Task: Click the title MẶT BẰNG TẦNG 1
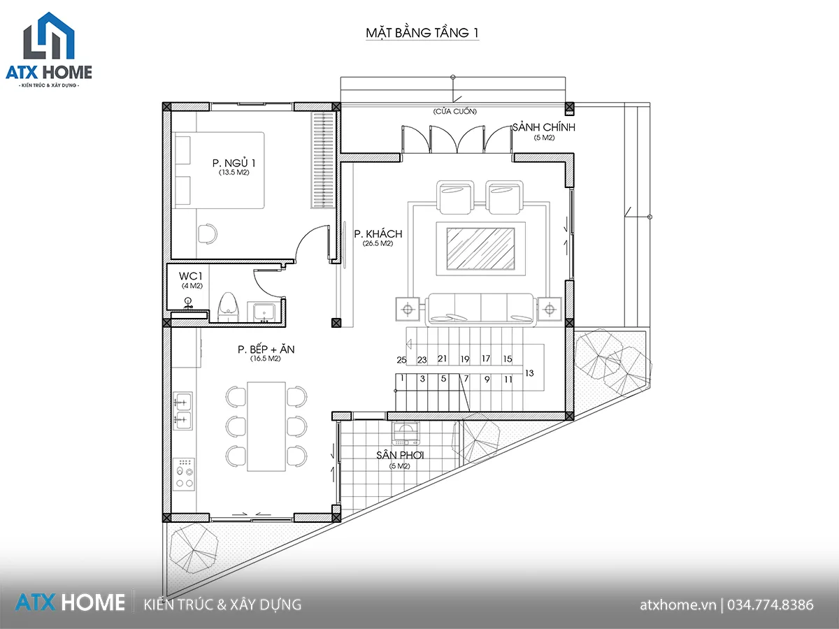(422, 33)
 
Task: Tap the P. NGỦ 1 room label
(234, 163)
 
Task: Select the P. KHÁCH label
(378, 233)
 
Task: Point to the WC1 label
(190, 276)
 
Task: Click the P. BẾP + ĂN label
(266, 349)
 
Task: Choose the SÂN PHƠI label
(400, 455)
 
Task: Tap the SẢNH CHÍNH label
(543, 127)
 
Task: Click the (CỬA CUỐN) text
(455, 112)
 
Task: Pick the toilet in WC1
(228, 307)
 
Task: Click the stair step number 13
(529, 373)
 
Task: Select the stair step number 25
(401, 360)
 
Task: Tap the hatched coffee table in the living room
(480, 249)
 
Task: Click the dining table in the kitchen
(266, 426)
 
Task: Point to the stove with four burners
(184, 474)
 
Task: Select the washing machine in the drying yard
(406, 433)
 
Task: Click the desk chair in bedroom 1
(208, 233)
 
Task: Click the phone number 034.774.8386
(770, 605)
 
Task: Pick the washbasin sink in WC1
(264, 312)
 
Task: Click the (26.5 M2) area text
(378, 244)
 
